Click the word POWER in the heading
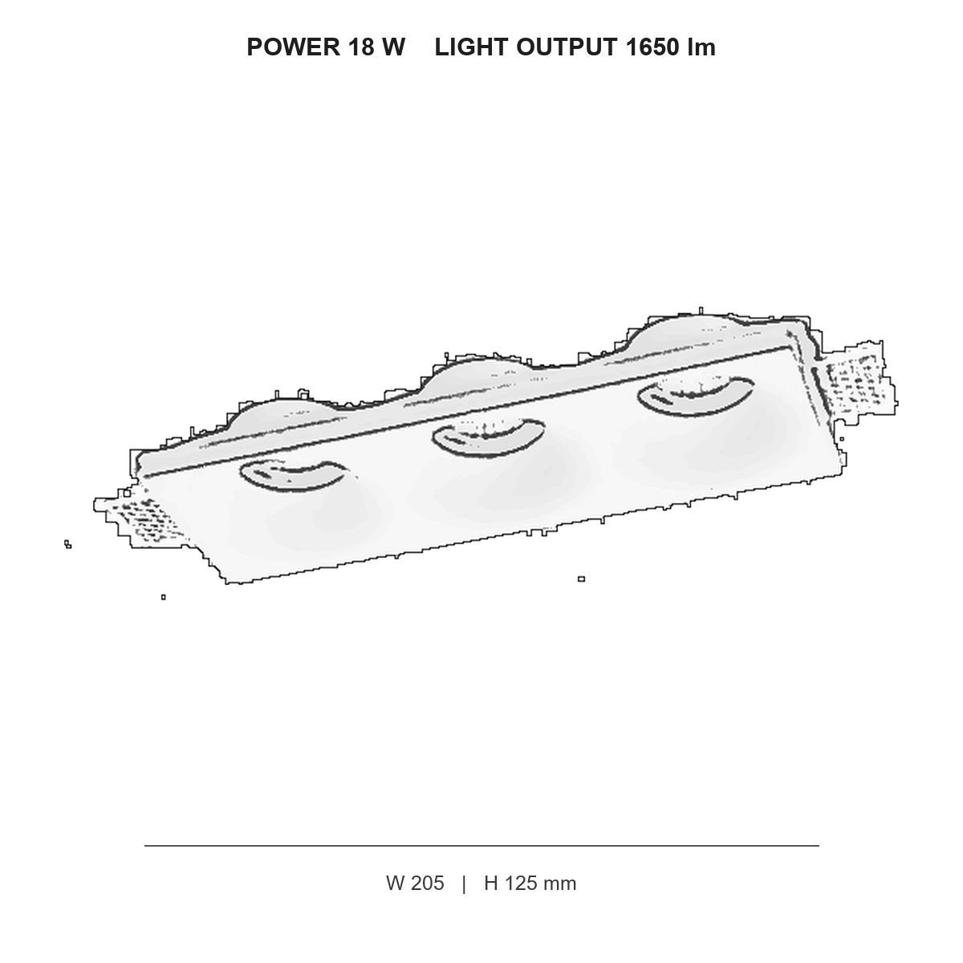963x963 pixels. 294,47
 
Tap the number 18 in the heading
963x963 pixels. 361,47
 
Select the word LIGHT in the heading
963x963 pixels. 472,47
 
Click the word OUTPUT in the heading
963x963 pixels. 567,47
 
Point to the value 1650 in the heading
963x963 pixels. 652,47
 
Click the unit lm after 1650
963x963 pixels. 701,47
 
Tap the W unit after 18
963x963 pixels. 393,47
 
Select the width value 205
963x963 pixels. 427,883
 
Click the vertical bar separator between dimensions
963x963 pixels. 465,884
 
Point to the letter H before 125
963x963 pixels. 491,883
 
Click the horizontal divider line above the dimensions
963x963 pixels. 481,846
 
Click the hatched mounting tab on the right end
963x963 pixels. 857,381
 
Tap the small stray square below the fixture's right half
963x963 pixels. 581,579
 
